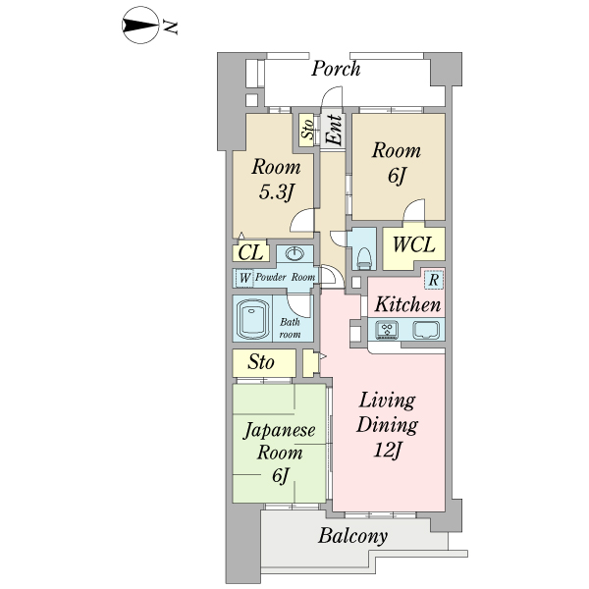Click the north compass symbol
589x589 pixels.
pos(140,26)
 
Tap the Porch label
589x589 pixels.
pos(336,69)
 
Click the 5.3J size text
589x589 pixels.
pos(276,192)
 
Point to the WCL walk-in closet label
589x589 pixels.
pos(413,244)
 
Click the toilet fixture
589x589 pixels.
pos(364,258)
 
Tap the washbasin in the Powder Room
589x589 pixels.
pos(294,254)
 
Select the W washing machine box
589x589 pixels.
pos(244,279)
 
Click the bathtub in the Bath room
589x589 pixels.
pos(252,318)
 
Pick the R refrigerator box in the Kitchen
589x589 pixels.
pos(434,280)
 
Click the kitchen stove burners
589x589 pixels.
pos(388,330)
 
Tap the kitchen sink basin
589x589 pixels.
pos(426,330)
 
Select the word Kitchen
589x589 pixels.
pos(408,304)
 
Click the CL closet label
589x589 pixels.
pos(250,252)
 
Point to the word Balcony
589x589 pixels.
pos(352,536)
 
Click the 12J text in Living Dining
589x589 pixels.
pos(388,450)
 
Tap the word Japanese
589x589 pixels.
pos(280,431)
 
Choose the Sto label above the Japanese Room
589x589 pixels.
pos(261,362)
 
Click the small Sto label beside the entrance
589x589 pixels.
pos(307,129)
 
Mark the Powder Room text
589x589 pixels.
pos(285,277)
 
